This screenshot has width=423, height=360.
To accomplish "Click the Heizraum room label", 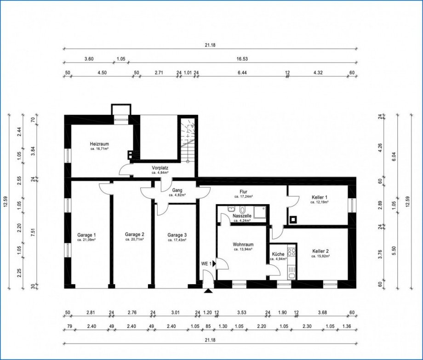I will (100, 144).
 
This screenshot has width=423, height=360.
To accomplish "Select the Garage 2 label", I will (135, 234).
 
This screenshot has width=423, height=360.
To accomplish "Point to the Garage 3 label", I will (177, 234).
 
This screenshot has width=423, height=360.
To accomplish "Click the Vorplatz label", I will (160, 168).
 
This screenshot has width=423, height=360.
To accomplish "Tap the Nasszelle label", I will (241, 216).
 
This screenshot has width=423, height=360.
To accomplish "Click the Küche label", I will (278, 254).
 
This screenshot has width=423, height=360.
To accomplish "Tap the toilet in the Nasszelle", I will (242, 208).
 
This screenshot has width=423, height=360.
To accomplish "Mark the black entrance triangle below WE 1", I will (208, 291).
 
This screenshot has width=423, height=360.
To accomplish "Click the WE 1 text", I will (206, 263).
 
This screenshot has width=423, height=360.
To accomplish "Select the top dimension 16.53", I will (242, 59).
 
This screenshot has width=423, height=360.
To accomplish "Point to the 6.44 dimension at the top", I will (242, 72).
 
